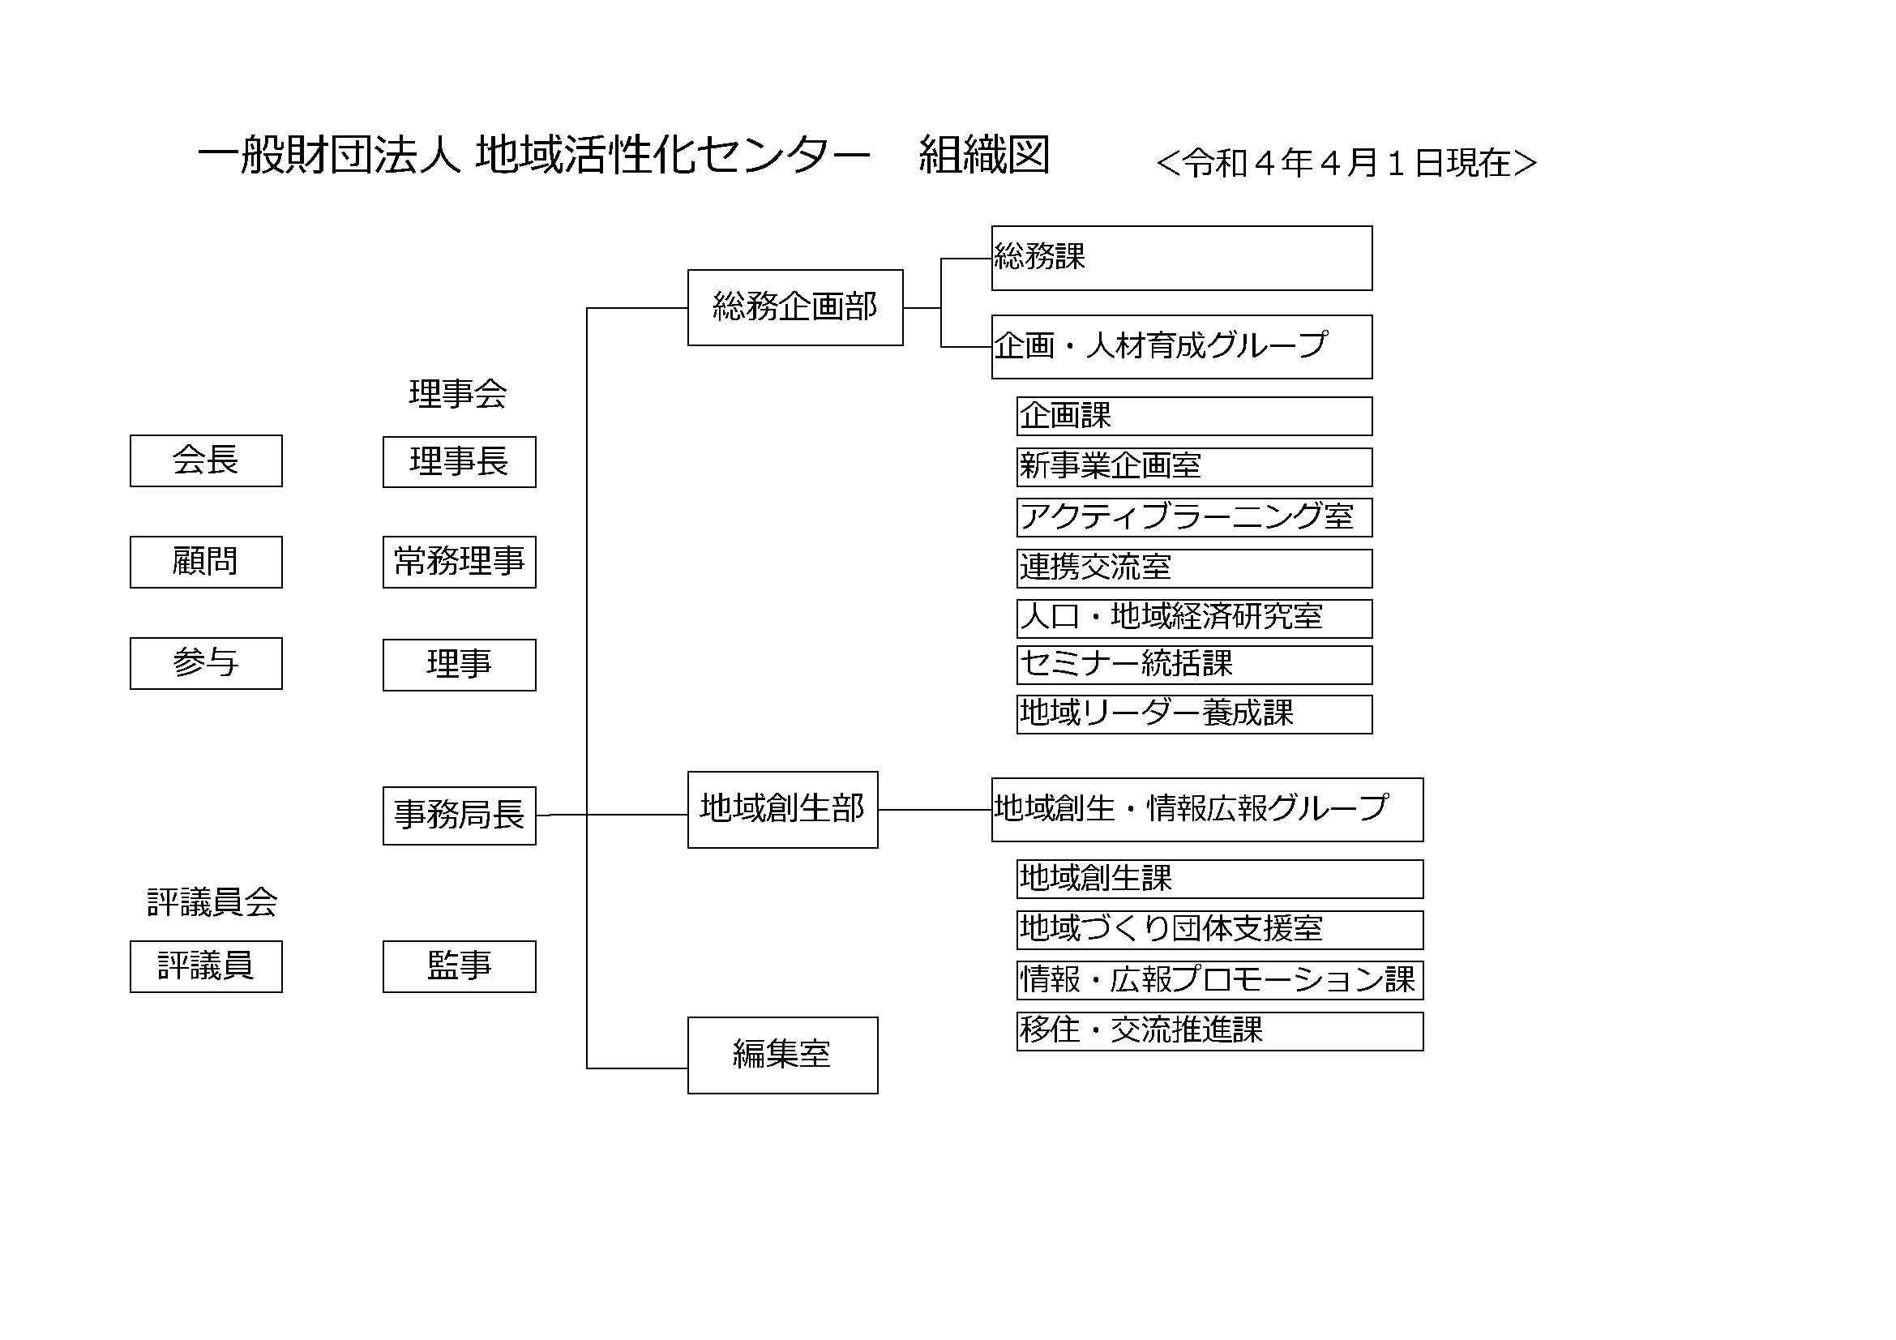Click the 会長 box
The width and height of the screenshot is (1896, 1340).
pyautogui.click(x=206, y=460)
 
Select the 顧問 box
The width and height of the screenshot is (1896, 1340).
pyautogui.click(x=206, y=563)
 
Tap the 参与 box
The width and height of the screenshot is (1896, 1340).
pyautogui.click(x=206, y=663)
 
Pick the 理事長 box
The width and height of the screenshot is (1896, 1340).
pyautogui.click(x=459, y=462)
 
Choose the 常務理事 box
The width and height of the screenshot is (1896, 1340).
pyautogui.click(x=459, y=563)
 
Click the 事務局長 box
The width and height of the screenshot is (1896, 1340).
pyautogui.click(x=459, y=816)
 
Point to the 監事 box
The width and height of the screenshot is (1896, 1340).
pyautogui.click(x=459, y=967)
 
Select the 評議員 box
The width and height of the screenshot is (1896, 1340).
pyautogui.click(x=206, y=967)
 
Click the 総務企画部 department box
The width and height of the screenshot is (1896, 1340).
pyautogui.click(x=795, y=308)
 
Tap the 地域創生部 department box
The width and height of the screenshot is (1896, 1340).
pyautogui.click(x=783, y=810)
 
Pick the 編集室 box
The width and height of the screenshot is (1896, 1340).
pyautogui.click(x=783, y=1056)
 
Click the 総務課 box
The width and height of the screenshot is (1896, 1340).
pyautogui.click(x=1182, y=259)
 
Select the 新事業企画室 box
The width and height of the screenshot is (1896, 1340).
pyautogui.click(x=1194, y=467)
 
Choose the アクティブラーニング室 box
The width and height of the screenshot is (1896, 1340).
pyautogui.click(x=1194, y=518)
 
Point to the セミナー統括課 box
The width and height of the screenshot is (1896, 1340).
pyautogui.click(x=1194, y=665)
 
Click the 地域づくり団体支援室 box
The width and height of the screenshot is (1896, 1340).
pyautogui.click(x=1220, y=931)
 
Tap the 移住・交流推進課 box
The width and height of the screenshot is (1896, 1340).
pyautogui.click(x=1220, y=1031)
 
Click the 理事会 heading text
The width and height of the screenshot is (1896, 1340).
pyautogui.click(x=457, y=394)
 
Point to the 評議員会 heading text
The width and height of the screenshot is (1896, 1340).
pyautogui.click(x=212, y=902)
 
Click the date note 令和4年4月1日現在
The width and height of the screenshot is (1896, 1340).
pyautogui.click(x=1347, y=163)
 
